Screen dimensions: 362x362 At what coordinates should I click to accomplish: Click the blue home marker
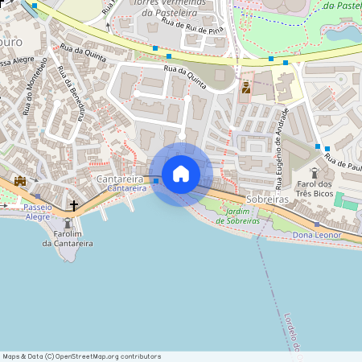tap(181, 174)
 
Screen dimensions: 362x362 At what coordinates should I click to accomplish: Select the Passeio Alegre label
tap(37, 212)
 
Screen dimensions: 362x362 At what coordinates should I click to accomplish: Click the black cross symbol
tap(74, 206)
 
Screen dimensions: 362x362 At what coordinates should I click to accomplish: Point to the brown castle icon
tap(20, 181)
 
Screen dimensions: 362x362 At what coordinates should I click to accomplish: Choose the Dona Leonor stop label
tap(317, 235)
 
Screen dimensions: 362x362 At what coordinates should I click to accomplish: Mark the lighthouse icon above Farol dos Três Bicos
tap(315, 172)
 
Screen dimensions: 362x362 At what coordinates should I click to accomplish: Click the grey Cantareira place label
tap(120, 179)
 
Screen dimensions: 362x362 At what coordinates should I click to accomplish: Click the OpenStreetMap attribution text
tap(81, 356)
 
